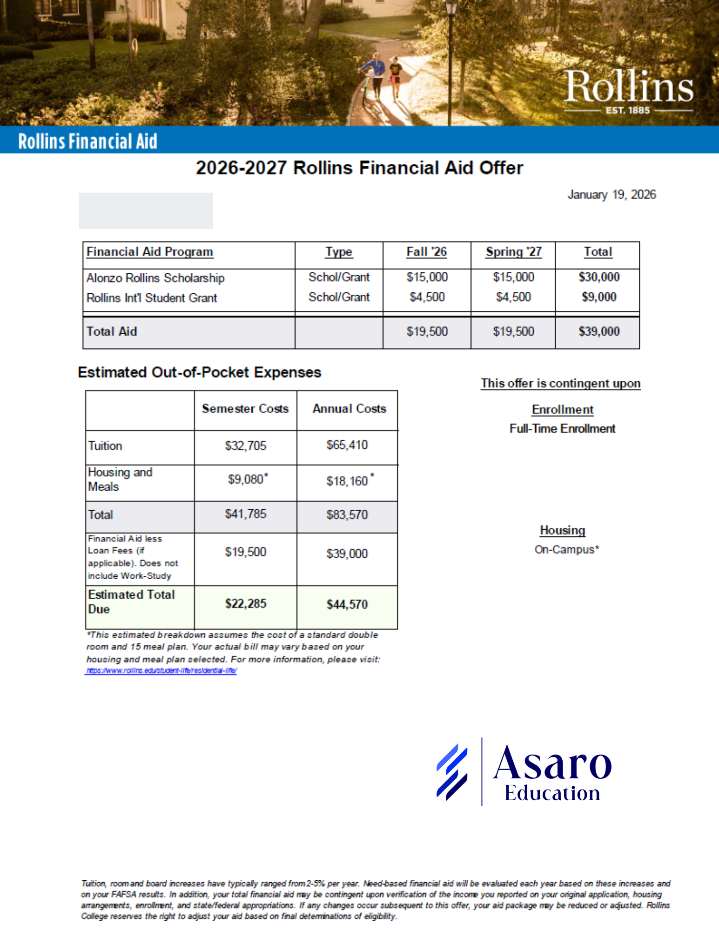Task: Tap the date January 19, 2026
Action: point(611,195)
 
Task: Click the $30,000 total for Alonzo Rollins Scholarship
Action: point(599,277)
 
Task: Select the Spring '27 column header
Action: point(513,252)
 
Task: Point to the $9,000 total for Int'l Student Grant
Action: point(599,297)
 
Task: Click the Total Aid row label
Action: point(112,331)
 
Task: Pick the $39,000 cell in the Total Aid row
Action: point(599,331)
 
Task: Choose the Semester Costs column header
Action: point(245,409)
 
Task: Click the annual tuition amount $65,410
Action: point(347,445)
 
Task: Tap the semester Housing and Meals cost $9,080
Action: point(246,479)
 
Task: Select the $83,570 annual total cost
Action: point(347,514)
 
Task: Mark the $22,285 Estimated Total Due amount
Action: point(246,604)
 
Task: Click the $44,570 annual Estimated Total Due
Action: point(347,604)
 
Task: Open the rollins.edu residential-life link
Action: point(161,671)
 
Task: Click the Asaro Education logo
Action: point(524,771)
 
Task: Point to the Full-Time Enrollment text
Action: point(562,429)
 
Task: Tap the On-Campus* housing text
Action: point(566,550)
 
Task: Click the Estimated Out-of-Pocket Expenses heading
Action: point(200,372)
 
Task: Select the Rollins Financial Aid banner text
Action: point(87,141)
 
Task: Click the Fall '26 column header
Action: point(426,252)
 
